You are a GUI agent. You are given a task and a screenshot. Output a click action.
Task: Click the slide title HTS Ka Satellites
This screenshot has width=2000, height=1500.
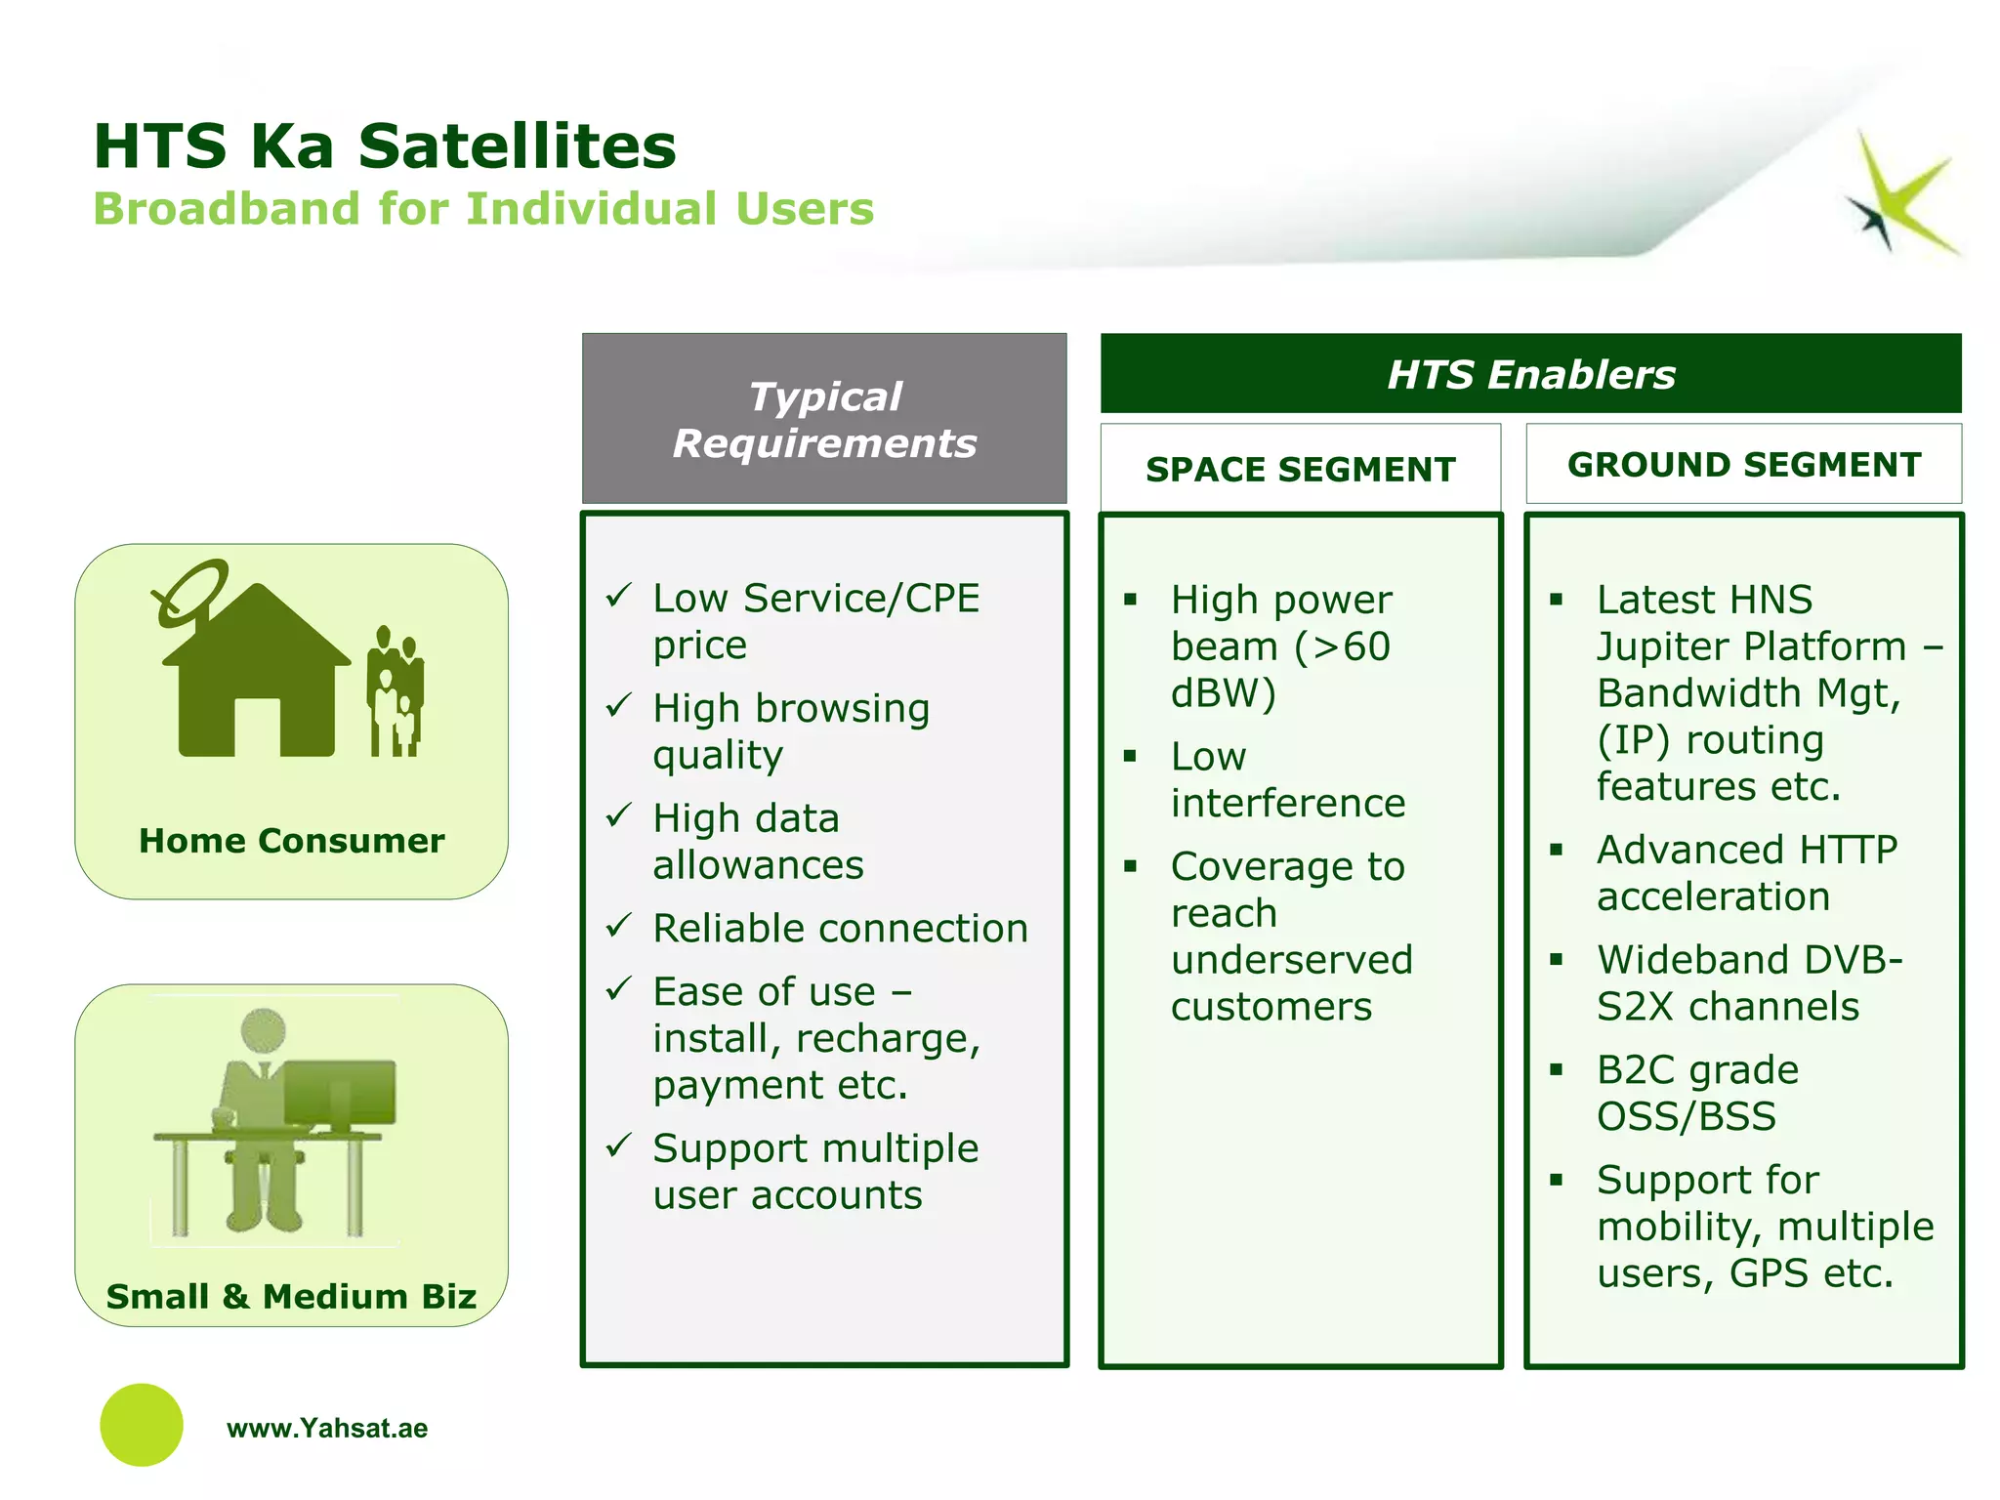coord(385,146)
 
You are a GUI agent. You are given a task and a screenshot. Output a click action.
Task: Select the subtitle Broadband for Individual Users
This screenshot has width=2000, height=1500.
coord(483,209)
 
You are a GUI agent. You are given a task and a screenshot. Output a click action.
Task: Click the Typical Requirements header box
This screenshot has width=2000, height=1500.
coord(824,419)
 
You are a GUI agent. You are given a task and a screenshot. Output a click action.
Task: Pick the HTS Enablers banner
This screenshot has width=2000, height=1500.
coord(1530,374)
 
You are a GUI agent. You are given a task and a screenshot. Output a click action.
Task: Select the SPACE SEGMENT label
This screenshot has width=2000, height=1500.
coord(1300,469)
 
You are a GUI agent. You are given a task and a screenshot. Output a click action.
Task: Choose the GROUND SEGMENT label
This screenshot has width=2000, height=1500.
coord(1744,465)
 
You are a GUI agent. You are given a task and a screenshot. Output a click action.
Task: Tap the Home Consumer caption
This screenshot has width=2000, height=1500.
coord(291,841)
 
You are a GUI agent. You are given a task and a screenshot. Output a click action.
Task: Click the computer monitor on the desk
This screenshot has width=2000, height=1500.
coord(340,1094)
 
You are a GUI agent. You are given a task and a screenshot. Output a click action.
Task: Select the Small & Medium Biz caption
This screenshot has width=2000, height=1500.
coord(291,1296)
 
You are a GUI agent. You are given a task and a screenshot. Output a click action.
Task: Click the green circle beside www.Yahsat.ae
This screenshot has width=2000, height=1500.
coord(142,1425)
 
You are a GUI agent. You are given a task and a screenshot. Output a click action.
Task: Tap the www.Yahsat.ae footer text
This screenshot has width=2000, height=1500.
coord(327,1429)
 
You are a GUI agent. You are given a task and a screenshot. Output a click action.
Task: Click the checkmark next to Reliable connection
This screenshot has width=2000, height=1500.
coord(619,925)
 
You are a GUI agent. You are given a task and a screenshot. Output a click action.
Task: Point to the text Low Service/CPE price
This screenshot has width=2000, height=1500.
coord(815,621)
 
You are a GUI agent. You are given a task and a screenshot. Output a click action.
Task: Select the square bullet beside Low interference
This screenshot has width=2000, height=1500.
coord(1130,756)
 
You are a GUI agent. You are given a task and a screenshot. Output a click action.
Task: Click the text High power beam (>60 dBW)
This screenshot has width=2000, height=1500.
coord(1281,646)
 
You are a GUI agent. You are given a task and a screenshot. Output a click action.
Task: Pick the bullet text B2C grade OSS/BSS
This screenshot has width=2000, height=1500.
coord(1697,1093)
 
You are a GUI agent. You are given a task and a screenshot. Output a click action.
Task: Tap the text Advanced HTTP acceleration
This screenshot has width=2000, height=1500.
coord(1746,873)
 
